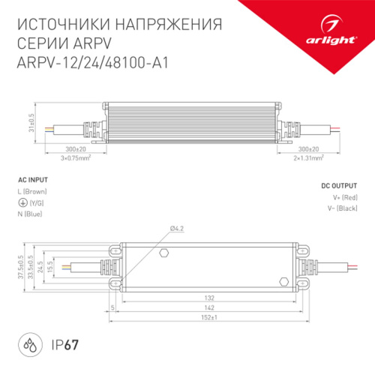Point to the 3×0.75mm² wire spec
[75, 159]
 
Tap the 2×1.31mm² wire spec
[307, 159]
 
